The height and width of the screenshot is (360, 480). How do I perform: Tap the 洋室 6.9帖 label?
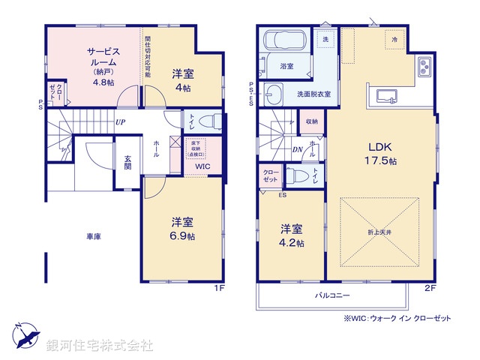182,229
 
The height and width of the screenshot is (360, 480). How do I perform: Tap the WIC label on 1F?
202,166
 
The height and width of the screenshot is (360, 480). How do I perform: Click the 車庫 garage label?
93,236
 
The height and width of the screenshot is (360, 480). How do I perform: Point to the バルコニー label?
332,295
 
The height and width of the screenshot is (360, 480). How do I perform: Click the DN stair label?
296,148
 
